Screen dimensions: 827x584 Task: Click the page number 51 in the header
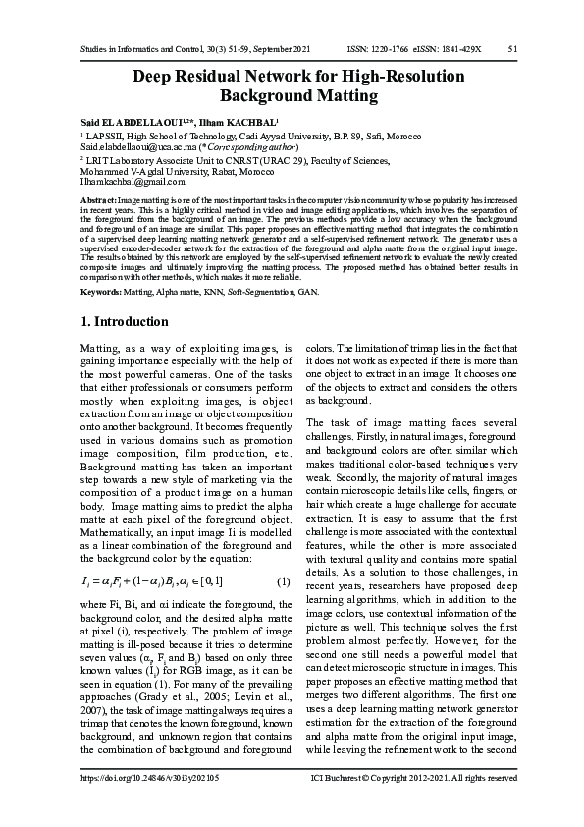pyautogui.click(x=512, y=48)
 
